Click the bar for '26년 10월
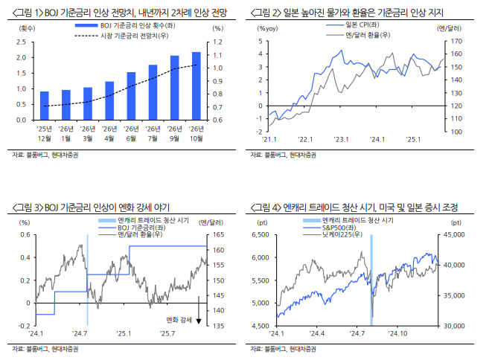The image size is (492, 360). [196, 86]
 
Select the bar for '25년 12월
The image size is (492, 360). [44, 105]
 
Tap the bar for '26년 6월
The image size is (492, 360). [131, 95]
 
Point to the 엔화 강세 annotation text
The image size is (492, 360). [179, 319]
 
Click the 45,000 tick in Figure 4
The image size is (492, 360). [455, 234]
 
